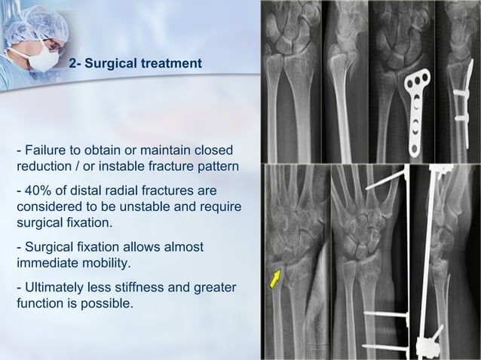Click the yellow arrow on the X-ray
click(x=276, y=278)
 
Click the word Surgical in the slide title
click(x=110, y=65)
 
